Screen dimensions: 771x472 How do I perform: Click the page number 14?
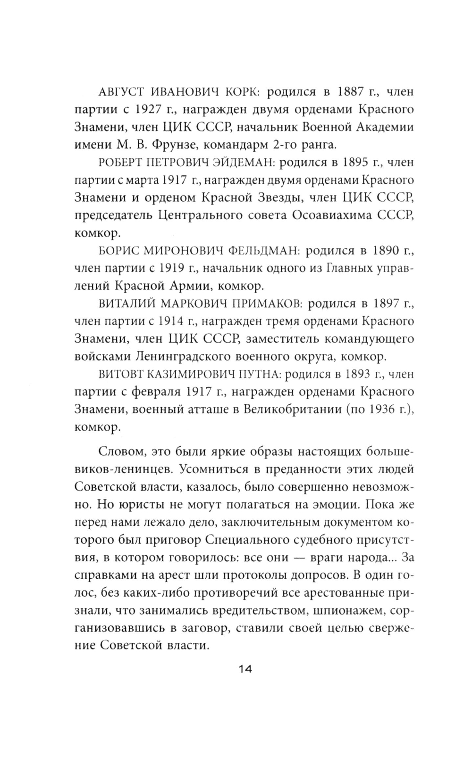pyautogui.click(x=244, y=669)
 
